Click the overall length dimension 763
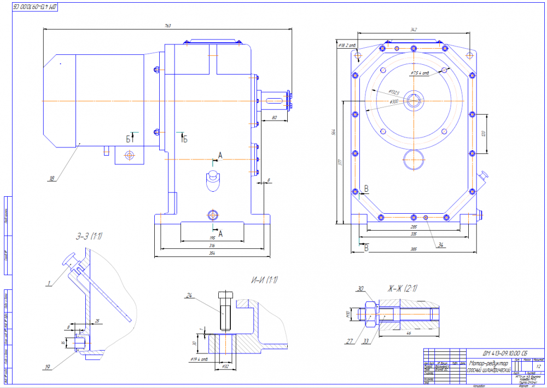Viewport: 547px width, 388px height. tap(167, 26)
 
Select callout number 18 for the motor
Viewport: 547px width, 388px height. tap(52, 178)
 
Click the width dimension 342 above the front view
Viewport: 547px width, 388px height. tap(414, 30)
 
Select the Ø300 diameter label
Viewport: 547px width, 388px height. tap(394, 101)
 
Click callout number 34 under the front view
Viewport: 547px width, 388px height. tap(440, 245)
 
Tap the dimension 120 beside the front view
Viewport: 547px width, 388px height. tap(484, 134)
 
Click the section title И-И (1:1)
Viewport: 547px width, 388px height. tap(264, 281)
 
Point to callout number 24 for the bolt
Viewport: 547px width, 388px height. tap(189, 296)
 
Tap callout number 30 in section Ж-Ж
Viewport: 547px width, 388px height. tap(360, 288)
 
